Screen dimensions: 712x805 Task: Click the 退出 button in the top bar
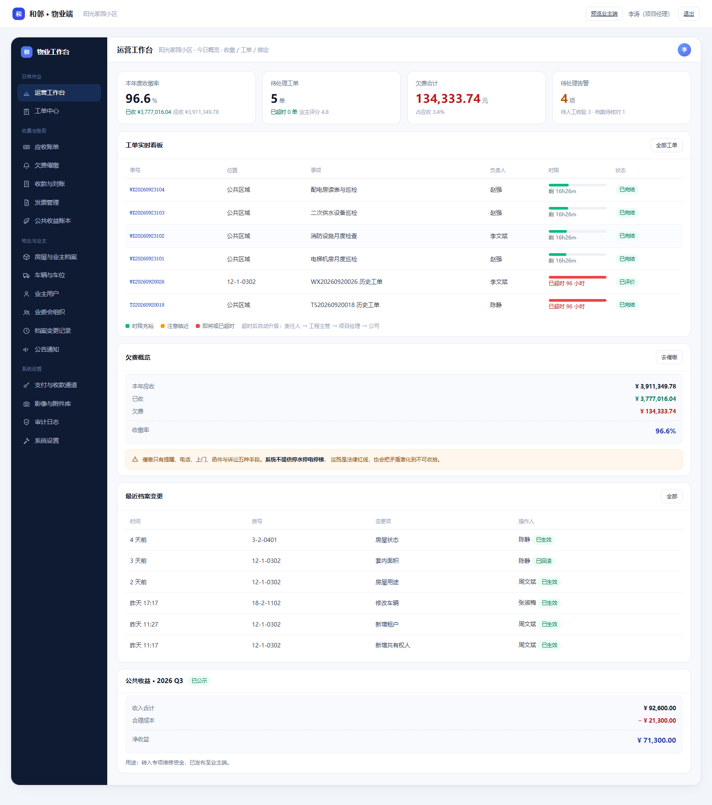[688, 14]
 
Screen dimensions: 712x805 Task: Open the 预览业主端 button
[604, 14]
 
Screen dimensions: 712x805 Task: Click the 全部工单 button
[666, 146]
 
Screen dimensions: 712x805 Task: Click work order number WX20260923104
[147, 190]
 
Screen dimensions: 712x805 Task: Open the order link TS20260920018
[147, 305]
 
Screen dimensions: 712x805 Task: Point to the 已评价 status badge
[627, 282]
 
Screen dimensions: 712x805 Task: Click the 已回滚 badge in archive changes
[543, 561]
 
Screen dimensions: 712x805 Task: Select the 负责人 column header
[498, 170]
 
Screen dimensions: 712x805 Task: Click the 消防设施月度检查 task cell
[334, 236]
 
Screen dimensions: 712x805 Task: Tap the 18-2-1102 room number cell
[266, 603]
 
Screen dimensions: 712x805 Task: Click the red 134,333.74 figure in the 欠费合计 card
[448, 98]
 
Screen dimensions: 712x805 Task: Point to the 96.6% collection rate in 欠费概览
[665, 431]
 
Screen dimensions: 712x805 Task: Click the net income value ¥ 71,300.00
[656, 740]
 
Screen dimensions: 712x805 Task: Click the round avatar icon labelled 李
[684, 50]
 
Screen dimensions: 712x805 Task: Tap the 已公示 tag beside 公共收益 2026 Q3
[199, 681]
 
